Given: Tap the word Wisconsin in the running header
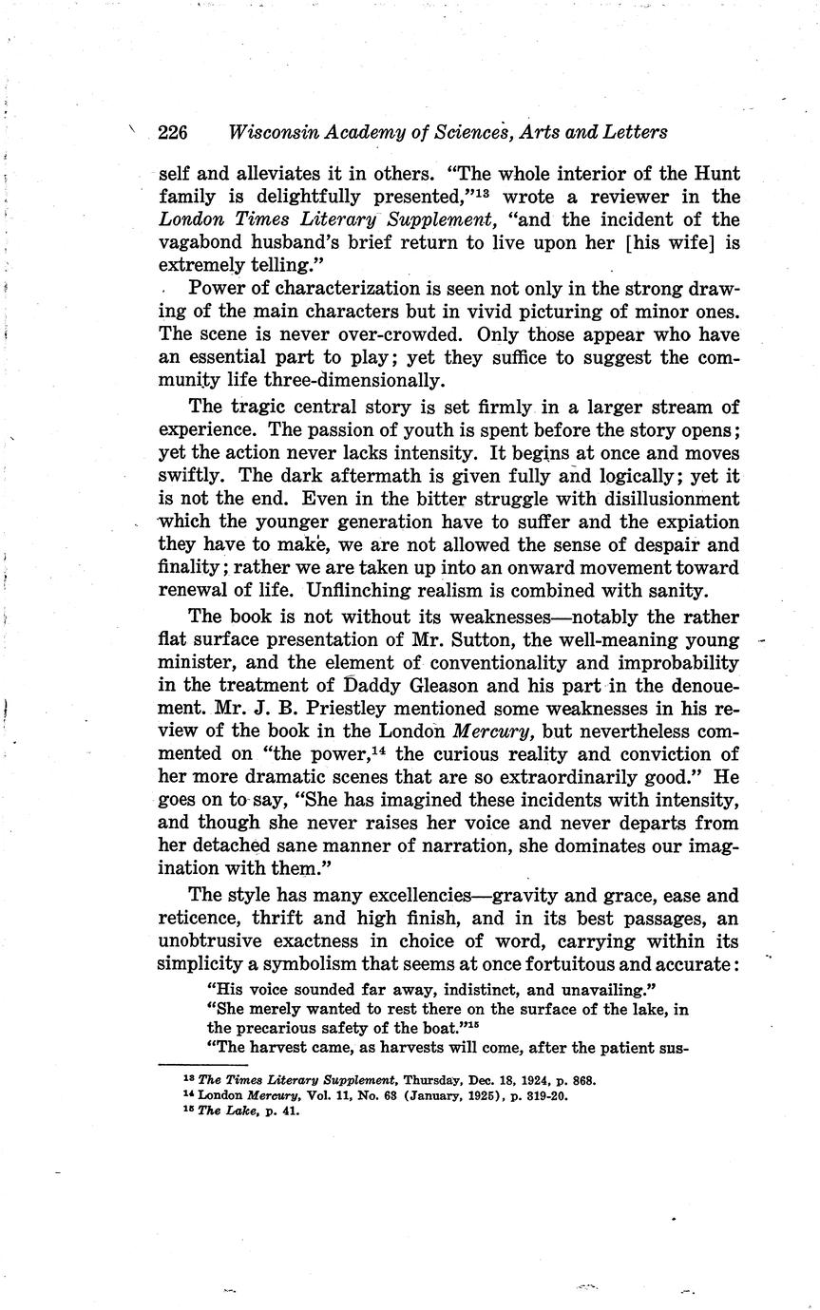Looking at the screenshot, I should click(x=276, y=132).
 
